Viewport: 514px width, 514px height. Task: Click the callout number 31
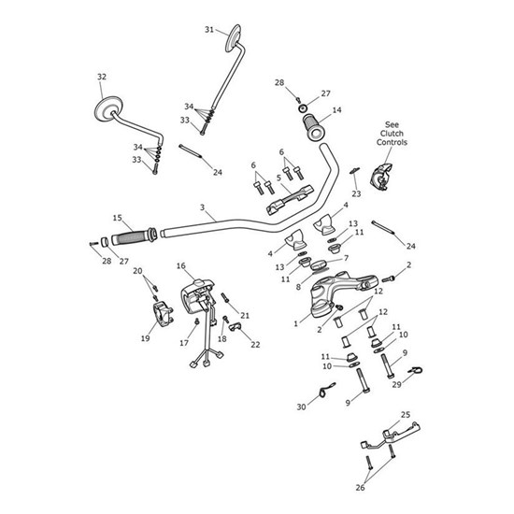[x=209, y=30]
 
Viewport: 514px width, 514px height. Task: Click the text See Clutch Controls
[x=391, y=136]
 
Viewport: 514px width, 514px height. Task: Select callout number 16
[x=180, y=265]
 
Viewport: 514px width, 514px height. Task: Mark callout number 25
[x=405, y=414]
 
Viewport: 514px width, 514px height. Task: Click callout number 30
[x=301, y=407]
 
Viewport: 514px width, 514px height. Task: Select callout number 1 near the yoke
[x=297, y=323]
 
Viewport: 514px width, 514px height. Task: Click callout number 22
[x=255, y=344]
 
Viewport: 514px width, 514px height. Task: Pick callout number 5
[x=252, y=177]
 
